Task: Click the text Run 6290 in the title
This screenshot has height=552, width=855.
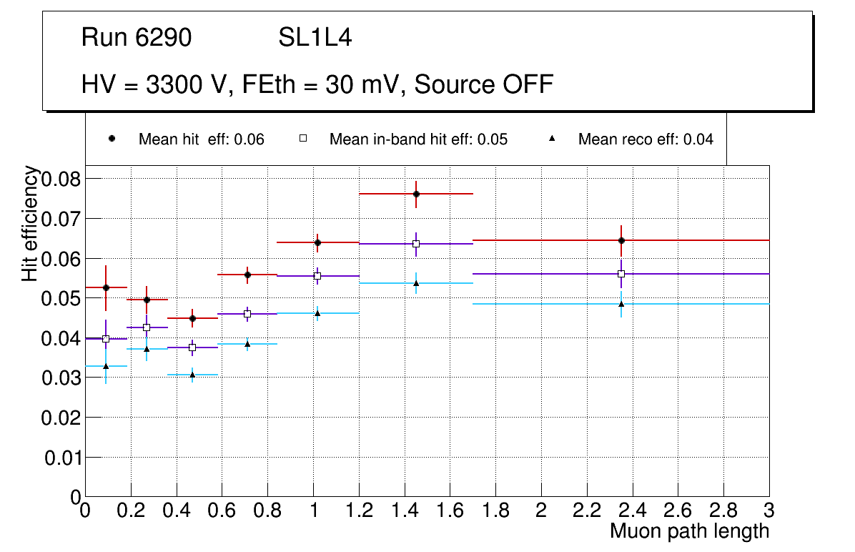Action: pos(137,38)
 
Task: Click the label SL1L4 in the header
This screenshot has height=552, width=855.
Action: pos(315,38)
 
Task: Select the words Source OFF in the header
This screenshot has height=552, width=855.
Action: pos(484,84)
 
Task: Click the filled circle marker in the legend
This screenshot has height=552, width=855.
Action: pos(112,139)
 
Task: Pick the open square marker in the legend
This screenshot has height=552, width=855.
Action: pos(302,139)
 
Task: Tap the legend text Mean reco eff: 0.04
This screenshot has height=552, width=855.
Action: pos(646,139)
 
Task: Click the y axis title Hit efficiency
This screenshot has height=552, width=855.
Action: pos(30,223)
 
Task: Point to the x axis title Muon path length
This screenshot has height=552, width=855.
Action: pos(689,531)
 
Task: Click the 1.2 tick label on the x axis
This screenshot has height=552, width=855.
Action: pos(358,510)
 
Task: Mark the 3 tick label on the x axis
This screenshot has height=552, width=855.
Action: pos(768,510)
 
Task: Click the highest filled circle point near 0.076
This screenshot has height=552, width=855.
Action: pos(416,194)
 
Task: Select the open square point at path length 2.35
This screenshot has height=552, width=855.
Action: pos(621,274)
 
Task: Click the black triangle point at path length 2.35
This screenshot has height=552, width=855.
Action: pos(621,304)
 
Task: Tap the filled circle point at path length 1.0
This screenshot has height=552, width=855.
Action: pos(317,242)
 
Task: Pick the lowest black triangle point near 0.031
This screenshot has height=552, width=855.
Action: pos(192,374)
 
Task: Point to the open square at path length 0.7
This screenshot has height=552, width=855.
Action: pos(247,314)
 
